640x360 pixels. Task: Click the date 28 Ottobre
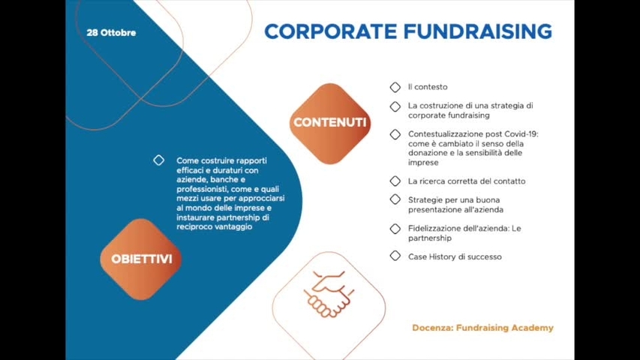(111, 33)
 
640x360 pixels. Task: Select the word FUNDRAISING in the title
(477, 31)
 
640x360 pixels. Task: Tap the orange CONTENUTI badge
(330, 122)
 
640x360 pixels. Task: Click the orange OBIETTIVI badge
(141, 259)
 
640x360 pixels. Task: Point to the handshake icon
(328, 294)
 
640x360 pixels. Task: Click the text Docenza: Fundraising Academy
(482, 328)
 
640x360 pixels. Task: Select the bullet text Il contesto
(428, 87)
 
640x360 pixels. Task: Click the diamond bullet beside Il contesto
(395, 87)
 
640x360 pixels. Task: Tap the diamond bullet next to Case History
(395, 256)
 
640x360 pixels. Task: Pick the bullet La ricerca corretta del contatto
(467, 181)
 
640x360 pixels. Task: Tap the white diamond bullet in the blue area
(159, 160)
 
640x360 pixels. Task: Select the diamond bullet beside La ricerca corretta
(395, 181)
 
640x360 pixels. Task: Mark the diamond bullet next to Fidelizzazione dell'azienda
(395, 228)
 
